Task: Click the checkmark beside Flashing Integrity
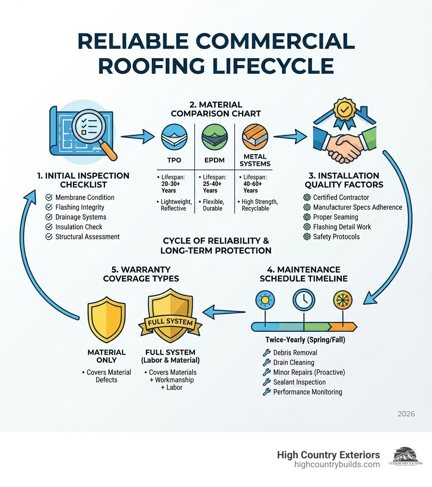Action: click(49, 207)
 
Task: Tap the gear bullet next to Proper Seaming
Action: click(307, 217)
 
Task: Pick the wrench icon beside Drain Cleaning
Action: click(266, 363)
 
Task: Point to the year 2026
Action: click(406, 414)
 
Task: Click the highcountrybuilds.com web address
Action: click(337, 465)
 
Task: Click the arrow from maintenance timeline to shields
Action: click(224, 313)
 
